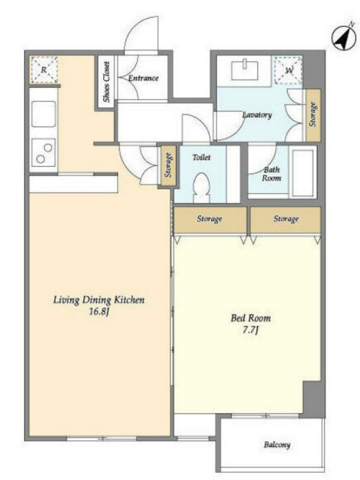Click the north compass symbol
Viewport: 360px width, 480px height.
[344, 38]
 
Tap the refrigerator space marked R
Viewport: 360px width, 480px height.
[44, 70]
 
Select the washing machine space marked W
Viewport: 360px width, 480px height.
[289, 70]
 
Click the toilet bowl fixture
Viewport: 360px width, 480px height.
[202, 187]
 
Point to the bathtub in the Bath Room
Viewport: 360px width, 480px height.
[303, 172]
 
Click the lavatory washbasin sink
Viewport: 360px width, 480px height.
[245, 70]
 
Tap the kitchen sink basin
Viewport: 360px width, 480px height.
[44, 114]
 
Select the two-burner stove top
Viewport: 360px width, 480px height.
[44, 153]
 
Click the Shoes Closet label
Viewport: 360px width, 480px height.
[106, 82]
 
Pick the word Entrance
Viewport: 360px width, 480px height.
[143, 78]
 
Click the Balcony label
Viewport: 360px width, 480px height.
[277, 445]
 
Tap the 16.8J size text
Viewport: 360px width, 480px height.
[99, 312]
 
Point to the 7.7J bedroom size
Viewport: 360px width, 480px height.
[251, 331]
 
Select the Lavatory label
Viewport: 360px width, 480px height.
[257, 115]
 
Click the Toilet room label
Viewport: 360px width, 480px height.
[202, 157]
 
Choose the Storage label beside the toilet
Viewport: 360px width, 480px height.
[168, 165]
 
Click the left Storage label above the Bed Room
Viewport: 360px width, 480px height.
[209, 219]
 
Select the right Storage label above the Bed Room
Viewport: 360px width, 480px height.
[286, 219]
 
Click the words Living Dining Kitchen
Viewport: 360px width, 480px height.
[99, 299]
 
